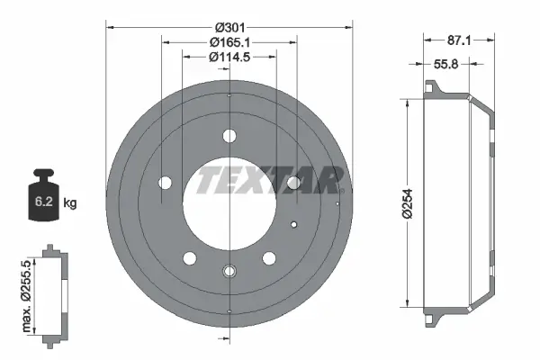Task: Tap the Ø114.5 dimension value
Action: (x=229, y=57)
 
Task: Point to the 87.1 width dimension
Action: (x=459, y=40)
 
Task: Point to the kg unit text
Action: (x=70, y=204)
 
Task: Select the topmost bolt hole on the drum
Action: (x=229, y=138)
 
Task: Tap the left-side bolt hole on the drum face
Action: (x=165, y=183)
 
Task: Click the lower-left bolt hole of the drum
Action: (x=190, y=258)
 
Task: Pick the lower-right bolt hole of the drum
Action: (x=268, y=258)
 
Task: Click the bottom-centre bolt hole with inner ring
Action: (x=229, y=270)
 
